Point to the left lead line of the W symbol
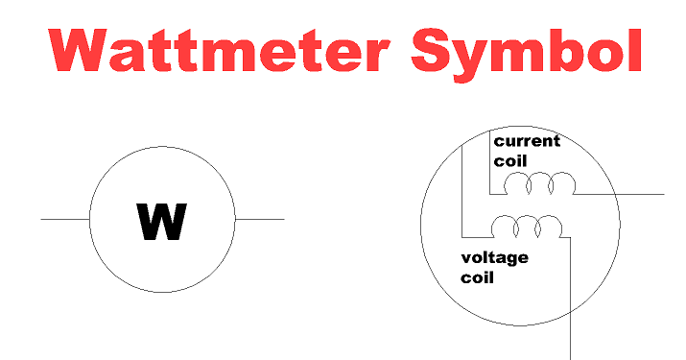point(64,219)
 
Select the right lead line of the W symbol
point(259,219)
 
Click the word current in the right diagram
point(527,141)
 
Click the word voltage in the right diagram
point(494,258)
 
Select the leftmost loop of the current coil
point(518,183)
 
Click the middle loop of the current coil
point(541,183)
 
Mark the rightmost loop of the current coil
point(563,183)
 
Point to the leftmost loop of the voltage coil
point(503,228)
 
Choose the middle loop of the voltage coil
point(526,228)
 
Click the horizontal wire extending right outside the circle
point(638,194)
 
